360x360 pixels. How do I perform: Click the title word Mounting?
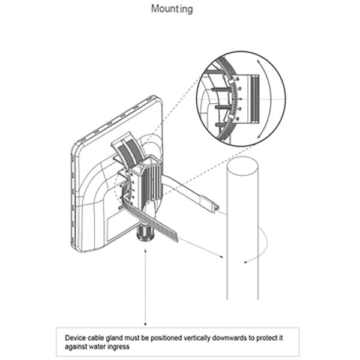click(172, 9)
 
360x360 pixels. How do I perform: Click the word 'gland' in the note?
click(114, 338)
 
